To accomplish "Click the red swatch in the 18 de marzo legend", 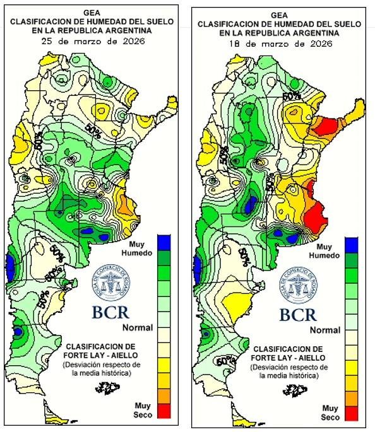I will (x=352, y=414).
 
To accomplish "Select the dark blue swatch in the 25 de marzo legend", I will (x=164, y=242).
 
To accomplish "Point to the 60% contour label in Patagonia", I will (x=222, y=362).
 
